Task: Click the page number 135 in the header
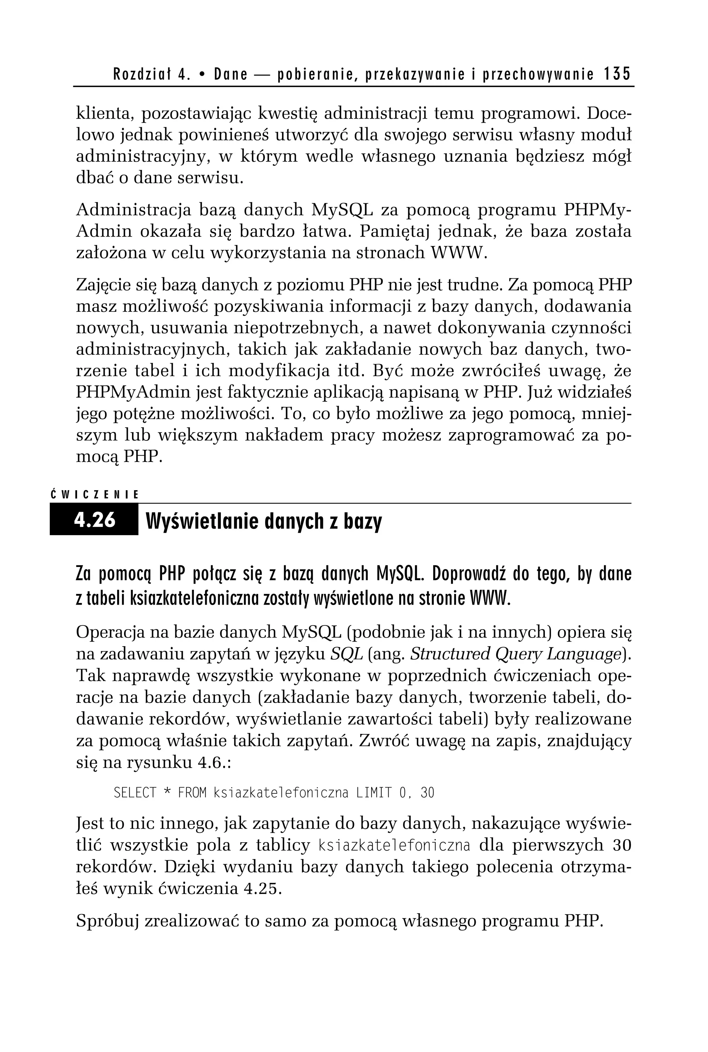click(617, 74)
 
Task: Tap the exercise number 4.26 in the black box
click(95, 520)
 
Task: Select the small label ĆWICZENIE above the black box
click(94, 495)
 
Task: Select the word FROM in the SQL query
click(192, 793)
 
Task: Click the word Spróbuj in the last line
click(107, 921)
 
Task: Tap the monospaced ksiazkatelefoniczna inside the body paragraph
click(394, 845)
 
